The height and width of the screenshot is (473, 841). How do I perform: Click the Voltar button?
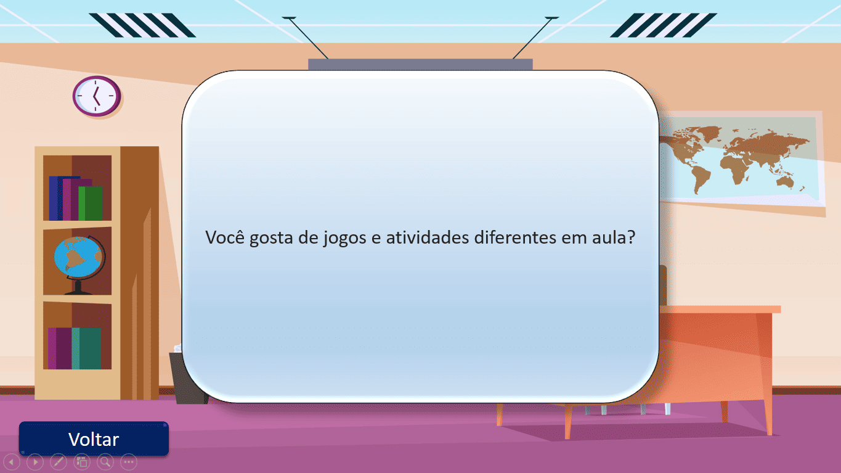tap(94, 439)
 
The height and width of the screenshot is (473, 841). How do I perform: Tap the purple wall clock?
tap(96, 96)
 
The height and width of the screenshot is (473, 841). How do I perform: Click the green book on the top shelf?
tap(91, 203)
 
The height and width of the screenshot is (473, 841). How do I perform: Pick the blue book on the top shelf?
tap(55, 198)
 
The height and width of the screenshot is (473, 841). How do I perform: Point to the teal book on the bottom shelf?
tap(87, 348)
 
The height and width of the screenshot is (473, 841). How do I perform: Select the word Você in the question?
tap(225, 237)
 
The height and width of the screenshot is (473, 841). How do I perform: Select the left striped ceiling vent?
tap(142, 25)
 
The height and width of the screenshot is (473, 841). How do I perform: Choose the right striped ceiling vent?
tap(664, 25)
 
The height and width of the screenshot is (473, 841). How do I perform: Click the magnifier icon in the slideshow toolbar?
tap(105, 461)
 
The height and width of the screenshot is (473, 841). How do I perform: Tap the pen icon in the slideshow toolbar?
tap(59, 461)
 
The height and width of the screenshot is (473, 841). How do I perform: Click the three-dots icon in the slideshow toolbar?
tap(128, 461)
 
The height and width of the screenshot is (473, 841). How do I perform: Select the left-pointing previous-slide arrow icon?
tap(12, 461)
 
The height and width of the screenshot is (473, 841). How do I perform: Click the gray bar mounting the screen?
tap(420, 64)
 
